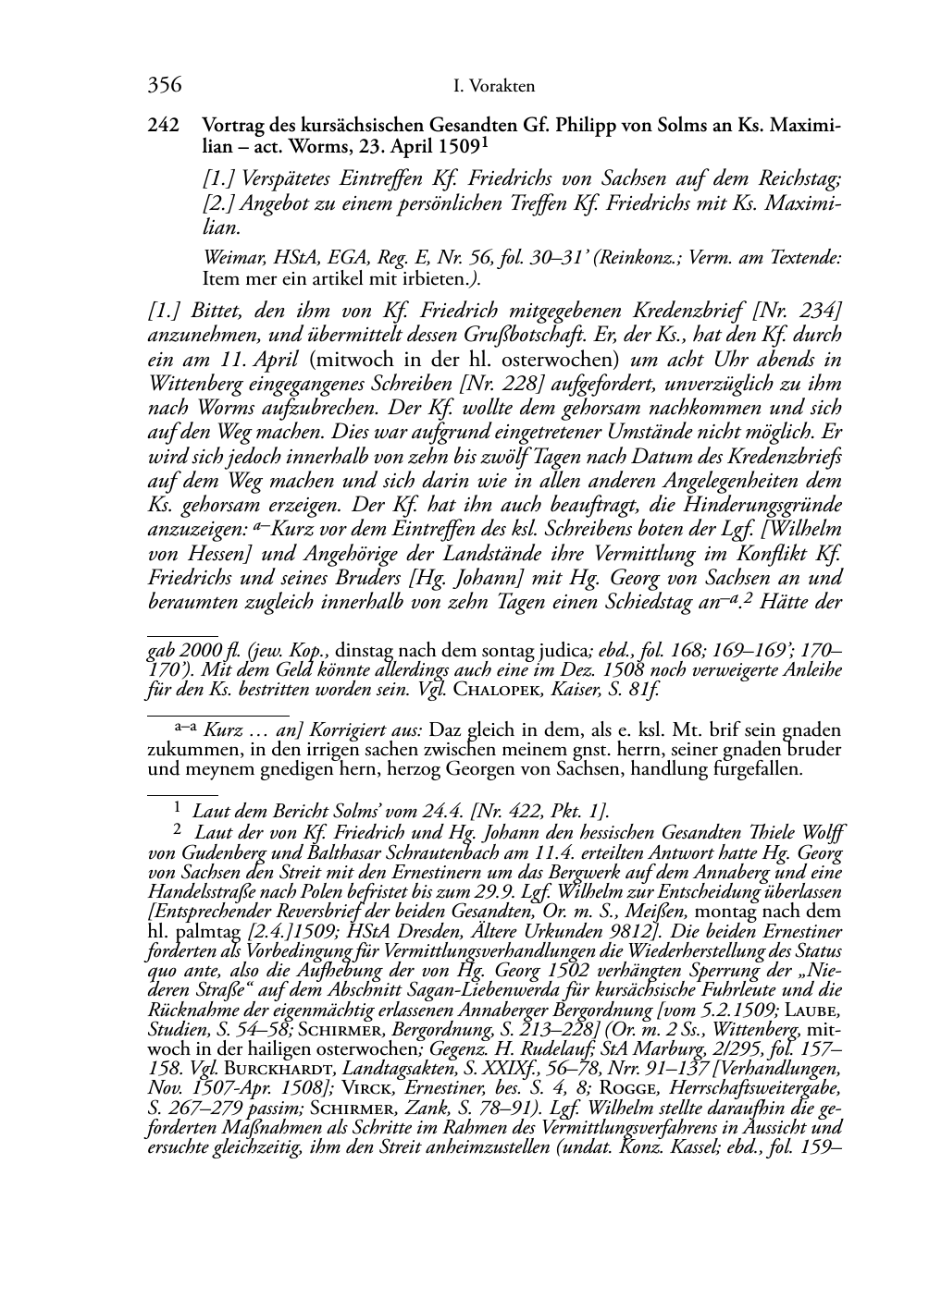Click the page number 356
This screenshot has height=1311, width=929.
coord(164,86)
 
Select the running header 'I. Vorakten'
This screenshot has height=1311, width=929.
coord(495,87)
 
